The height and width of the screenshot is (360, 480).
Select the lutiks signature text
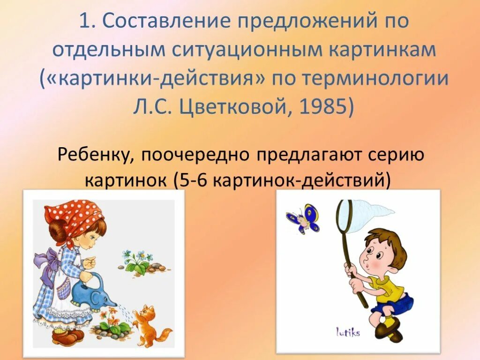[347, 332]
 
